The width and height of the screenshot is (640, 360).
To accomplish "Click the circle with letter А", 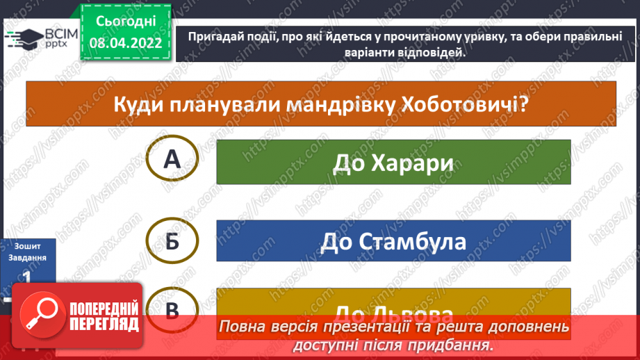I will (x=172, y=160).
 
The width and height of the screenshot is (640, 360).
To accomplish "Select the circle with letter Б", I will (x=172, y=241).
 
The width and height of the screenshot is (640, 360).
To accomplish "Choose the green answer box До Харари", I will (x=393, y=162).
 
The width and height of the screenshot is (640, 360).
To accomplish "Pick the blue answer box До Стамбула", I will (x=393, y=241).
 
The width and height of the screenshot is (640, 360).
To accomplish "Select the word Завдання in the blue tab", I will (x=28, y=258).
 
